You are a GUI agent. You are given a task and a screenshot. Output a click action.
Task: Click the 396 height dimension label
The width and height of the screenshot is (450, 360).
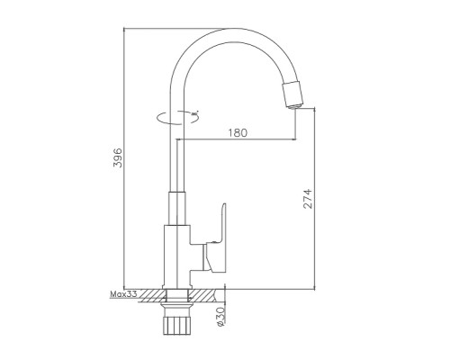point(118,157)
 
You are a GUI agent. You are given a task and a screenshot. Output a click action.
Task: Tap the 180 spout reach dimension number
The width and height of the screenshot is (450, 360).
point(238,132)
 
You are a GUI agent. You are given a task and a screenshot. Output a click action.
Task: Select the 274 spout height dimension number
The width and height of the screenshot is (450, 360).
point(308,199)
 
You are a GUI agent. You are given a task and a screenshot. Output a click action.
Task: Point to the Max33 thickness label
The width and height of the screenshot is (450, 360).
point(123,294)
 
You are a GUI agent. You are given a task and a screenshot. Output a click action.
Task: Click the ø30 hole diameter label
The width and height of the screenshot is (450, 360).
point(220,317)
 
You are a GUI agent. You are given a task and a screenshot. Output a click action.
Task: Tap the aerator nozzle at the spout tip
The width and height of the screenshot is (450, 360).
point(292,95)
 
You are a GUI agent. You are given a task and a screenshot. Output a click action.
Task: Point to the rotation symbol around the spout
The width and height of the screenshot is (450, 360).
point(177,117)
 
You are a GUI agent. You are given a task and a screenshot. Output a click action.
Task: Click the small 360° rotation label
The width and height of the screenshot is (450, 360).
point(195,114)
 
